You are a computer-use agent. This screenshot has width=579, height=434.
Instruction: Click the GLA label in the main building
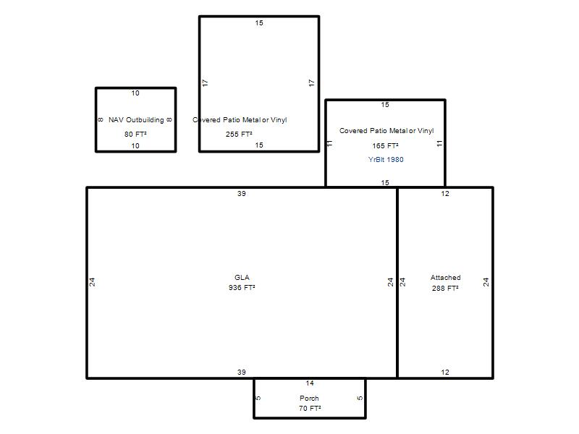coord(242,278)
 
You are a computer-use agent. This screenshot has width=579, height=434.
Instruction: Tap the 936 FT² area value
coord(242,287)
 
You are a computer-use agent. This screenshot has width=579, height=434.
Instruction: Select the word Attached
coord(445,278)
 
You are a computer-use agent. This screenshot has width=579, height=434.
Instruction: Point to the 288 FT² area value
coord(445,288)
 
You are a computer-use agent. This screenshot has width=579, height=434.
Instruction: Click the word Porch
coord(309,399)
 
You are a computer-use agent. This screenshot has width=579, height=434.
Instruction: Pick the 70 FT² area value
coord(310,408)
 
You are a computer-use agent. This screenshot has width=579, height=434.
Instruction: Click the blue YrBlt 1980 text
coord(386,159)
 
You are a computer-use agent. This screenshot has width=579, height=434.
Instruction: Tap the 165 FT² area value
coord(385,146)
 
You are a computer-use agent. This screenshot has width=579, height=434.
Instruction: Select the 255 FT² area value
coord(239,135)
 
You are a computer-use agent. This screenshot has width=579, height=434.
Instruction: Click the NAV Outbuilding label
coord(136,120)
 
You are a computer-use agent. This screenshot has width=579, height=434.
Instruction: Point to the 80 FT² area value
coord(135,134)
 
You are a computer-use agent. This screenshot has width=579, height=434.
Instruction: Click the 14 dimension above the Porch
coord(310,383)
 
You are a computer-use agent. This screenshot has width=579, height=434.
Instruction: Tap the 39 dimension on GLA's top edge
coord(242,193)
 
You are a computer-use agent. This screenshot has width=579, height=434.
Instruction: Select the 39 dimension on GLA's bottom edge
coord(242,372)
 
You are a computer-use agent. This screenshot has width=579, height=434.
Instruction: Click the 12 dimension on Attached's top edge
coord(445,193)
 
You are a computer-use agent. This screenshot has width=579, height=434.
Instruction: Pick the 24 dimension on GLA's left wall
coord(92,282)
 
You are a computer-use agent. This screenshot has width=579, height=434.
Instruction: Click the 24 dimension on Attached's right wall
coord(486,282)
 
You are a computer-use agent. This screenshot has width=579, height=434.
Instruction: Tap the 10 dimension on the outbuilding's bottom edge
coord(135,146)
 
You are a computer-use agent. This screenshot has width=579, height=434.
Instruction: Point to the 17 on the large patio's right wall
coord(312,83)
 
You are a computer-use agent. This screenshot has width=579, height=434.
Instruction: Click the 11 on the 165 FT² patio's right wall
coord(439,143)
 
